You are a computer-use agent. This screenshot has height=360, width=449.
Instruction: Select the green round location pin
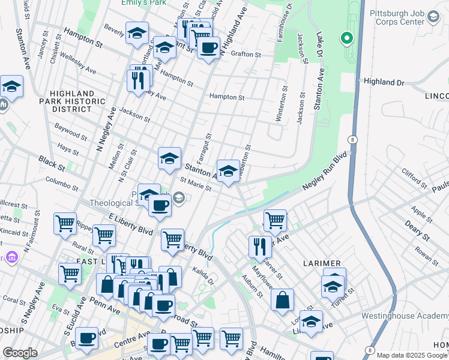tap(346, 40)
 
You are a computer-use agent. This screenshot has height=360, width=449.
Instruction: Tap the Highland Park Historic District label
tap(73, 101)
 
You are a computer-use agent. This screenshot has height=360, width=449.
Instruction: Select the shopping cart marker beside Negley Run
tap(275, 219)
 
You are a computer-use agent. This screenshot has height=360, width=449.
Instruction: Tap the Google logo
tap(20, 352)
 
